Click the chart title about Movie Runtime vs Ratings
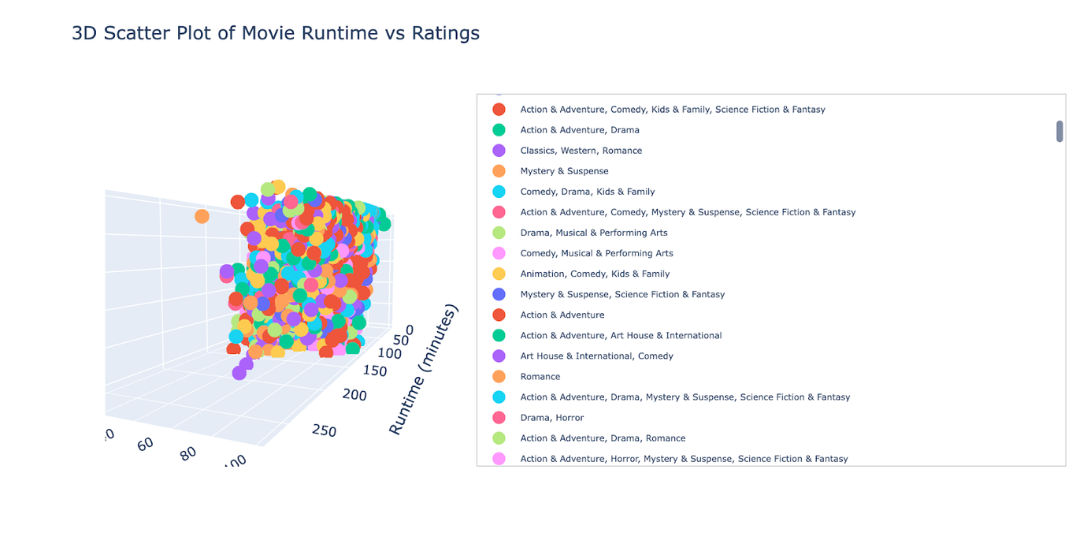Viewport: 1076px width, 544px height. click(x=275, y=33)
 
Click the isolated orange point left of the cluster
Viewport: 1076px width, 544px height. click(x=202, y=216)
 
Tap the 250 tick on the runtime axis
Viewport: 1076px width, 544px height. click(x=324, y=430)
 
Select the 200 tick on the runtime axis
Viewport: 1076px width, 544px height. click(x=354, y=394)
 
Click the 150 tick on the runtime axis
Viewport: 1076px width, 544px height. click(x=375, y=371)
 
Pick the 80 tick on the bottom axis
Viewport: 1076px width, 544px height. click(x=187, y=453)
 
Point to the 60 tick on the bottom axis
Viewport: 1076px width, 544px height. click(x=145, y=444)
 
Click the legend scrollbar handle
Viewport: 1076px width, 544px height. click(x=1059, y=132)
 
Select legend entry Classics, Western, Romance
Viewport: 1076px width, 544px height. click(x=581, y=151)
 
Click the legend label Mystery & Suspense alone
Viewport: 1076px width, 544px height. click(x=564, y=171)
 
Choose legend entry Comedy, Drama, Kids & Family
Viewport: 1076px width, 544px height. click(x=587, y=192)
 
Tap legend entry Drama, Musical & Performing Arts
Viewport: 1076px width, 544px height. click(x=593, y=233)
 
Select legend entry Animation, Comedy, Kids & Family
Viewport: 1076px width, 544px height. click(x=595, y=274)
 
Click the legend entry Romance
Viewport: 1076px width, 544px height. click(x=540, y=377)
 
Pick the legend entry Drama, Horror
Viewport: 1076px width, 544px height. click(x=551, y=418)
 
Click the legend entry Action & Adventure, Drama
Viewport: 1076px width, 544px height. click(x=579, y=130)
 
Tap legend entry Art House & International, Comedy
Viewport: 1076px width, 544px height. click(x=596, y=356)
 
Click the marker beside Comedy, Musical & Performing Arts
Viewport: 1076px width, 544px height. click(x=499, y=253)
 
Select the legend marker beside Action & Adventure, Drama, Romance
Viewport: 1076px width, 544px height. click(x=499, y=438)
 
